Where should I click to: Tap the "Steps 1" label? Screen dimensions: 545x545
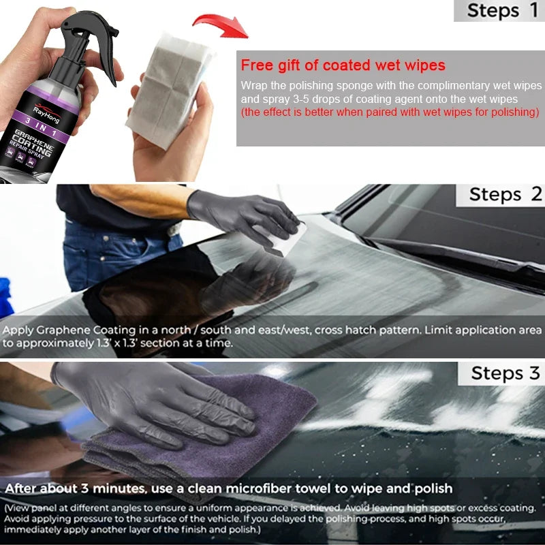503,10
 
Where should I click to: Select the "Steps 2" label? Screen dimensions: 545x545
505,194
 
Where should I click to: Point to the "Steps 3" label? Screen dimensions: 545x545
505,373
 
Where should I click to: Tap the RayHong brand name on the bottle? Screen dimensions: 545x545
46,114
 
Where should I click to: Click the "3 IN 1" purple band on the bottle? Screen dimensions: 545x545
41,127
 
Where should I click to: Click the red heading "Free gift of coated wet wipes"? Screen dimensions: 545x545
343,65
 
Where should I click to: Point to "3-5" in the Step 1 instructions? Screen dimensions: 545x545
300,99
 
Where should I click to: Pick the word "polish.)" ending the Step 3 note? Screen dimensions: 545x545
245,530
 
